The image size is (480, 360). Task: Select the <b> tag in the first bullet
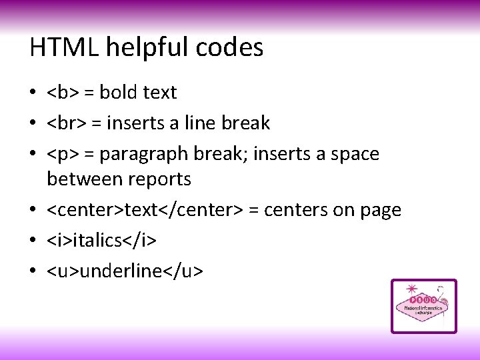[61, 93]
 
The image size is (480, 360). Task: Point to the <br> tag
[65, 123]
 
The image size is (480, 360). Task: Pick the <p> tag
[61, 154]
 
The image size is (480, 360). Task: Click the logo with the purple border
[423, 306]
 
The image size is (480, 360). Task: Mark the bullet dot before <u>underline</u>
[33, 271]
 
